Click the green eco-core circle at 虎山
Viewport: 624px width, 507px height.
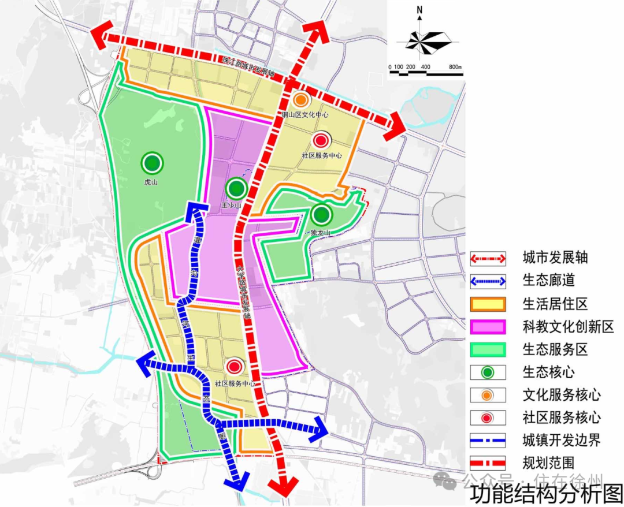[x=151, y=163]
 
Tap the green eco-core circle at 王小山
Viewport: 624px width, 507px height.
[x=236, y=188]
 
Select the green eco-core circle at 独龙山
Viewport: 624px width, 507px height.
[x=321, y=215]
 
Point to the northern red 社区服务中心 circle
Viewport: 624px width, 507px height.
[x=321, y=140]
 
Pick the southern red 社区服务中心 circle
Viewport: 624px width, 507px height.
[x=234, y=367]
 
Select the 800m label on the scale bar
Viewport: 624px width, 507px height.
[x=455, y=68]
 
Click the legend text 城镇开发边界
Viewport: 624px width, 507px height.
[x=561, y=441]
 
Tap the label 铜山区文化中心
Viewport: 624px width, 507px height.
[x=305, y=115]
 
